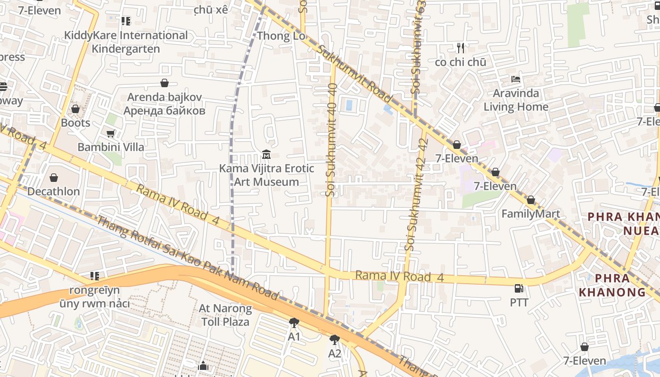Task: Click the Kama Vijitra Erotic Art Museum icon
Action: (266, 155)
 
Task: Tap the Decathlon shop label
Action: (53, 191)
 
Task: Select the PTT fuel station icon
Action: (519, 288)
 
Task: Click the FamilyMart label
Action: (530, 214)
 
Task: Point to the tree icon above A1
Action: (294, 323)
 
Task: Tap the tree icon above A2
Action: (335, 339)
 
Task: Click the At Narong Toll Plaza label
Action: (225, 315)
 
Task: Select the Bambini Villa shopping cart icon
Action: (110, 133)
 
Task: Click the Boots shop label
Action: (75, 123)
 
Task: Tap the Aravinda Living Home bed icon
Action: (516, 79)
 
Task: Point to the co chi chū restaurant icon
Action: (461, 48)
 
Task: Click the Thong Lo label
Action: (281, 36)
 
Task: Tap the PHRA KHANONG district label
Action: (612, 285)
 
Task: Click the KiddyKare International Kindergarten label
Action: (126, 42)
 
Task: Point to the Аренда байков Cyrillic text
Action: (165, 111)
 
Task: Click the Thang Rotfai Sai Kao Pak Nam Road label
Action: (187, 258)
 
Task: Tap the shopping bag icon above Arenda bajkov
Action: (165, 83)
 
